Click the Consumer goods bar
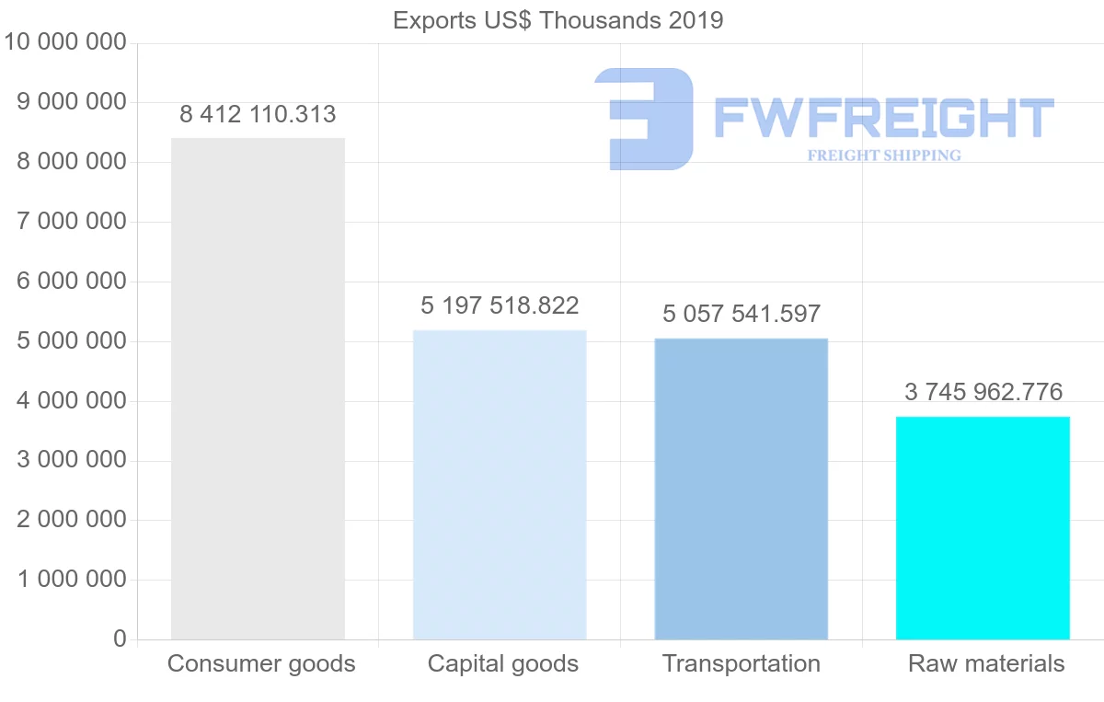point(258,388)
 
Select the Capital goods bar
point(500,484)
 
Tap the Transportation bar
point(742,489)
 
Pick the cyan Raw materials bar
point(983,527)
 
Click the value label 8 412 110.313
point(258,115)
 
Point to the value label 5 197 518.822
point(500,305)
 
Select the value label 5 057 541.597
point(742,314)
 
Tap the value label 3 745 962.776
point(983,393)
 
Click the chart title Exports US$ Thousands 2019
point(558,20)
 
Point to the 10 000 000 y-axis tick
point(64,42)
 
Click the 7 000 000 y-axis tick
point(72,222)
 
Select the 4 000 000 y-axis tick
point(72,401)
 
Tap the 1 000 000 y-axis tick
point(72,580)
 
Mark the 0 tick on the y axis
point(120,639)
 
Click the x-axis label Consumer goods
point(261,663)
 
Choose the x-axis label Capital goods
point(503,663)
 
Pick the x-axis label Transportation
point(742,663)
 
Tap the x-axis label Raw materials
point(986,663)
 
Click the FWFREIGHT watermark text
point(883,118)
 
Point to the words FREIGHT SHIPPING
point(884,155)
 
